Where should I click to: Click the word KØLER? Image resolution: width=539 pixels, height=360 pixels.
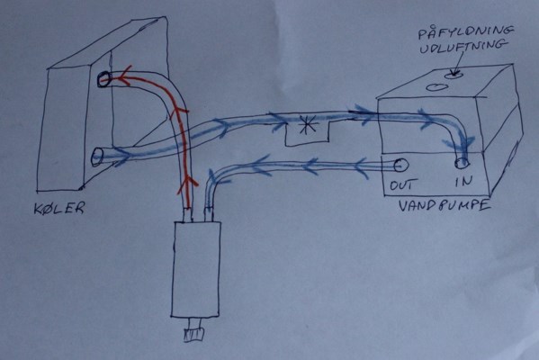[59, 208]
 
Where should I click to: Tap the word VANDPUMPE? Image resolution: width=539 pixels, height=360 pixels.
[445, 205]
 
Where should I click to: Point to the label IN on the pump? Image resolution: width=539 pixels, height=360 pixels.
[463, 181]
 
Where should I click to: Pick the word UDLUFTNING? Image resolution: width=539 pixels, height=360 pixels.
[463, 47]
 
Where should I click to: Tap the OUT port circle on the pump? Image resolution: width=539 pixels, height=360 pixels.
[400, 166]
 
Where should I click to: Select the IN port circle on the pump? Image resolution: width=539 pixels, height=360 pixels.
[462, 163]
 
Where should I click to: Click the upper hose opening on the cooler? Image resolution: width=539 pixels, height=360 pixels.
[103, 80]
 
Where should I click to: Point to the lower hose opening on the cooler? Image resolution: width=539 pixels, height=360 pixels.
[97, 157]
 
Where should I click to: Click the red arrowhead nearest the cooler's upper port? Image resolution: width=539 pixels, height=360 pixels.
[124, 78]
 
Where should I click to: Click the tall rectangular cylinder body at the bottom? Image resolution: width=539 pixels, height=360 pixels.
[195, 269]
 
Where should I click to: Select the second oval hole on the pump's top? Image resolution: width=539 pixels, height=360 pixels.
[437, 86]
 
